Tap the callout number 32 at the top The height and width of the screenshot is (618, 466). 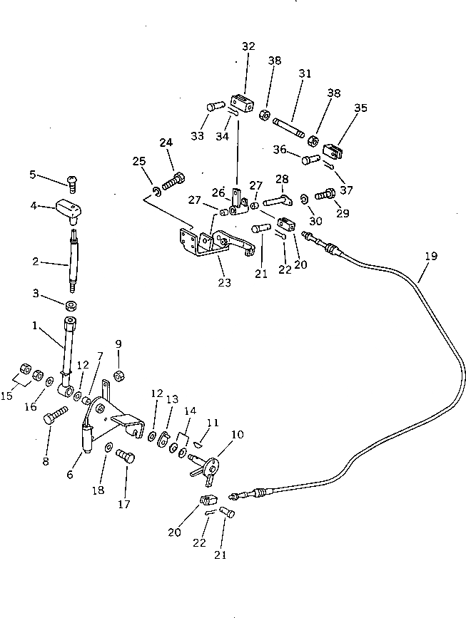tap(248, 46)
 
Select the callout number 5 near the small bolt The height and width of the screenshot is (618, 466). tap(32, 174)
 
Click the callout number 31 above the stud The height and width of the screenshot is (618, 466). tap(305, 74)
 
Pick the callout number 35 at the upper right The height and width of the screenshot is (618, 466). tap(361, 108)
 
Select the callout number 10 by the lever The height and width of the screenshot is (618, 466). tap(237, 433)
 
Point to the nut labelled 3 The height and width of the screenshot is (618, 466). tap(71, 306)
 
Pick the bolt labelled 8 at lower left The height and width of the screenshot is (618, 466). tap(56, 415)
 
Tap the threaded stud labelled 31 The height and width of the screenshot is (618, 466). tap(293, 127)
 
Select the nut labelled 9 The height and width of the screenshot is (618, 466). tap(119, 376)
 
